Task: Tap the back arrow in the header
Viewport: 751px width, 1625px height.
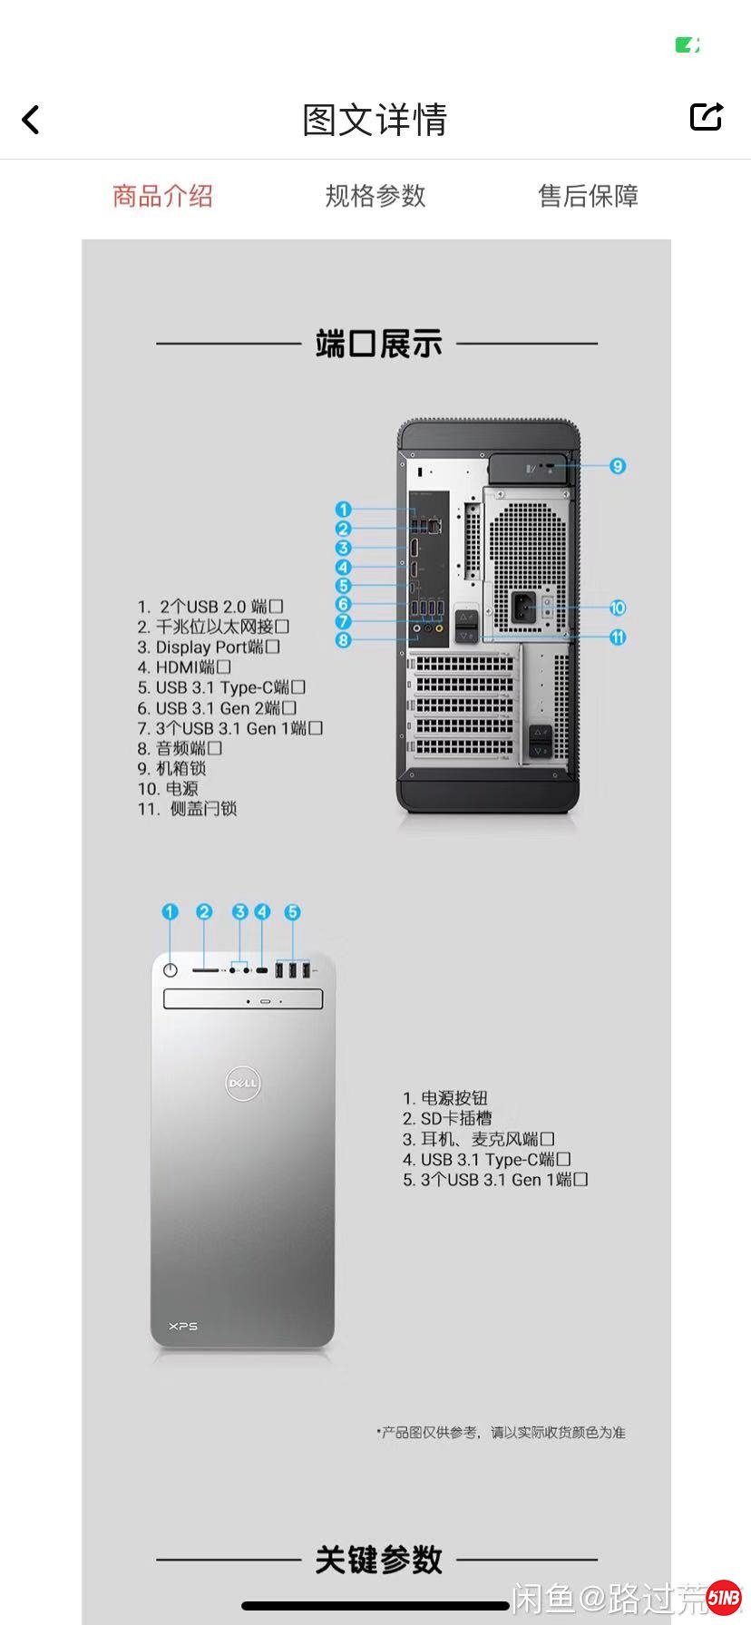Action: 31,120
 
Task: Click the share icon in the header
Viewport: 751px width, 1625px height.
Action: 706,117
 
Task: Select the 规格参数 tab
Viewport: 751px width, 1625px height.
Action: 375,196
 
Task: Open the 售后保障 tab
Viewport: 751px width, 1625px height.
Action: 588,196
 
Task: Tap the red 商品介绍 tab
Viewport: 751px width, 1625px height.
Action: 162,196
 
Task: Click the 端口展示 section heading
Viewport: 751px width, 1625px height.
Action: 378,345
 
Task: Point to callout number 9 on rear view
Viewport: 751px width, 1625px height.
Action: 618,466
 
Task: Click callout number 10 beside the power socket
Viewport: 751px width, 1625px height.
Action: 618,608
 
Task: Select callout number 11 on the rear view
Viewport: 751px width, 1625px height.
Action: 618,637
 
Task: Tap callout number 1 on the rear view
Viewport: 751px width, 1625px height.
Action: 343,510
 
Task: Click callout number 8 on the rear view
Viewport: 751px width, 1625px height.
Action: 343,640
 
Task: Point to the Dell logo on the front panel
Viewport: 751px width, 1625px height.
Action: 243,1083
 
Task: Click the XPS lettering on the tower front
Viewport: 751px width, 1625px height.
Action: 183,1327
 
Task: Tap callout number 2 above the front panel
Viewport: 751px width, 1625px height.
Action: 204,912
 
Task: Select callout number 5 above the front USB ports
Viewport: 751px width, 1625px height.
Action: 292,912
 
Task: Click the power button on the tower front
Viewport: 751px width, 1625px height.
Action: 171,970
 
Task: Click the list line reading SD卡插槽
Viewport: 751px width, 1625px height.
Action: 447,1119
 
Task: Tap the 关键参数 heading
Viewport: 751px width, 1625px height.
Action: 378,1561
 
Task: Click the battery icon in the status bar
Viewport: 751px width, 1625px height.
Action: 687,45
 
